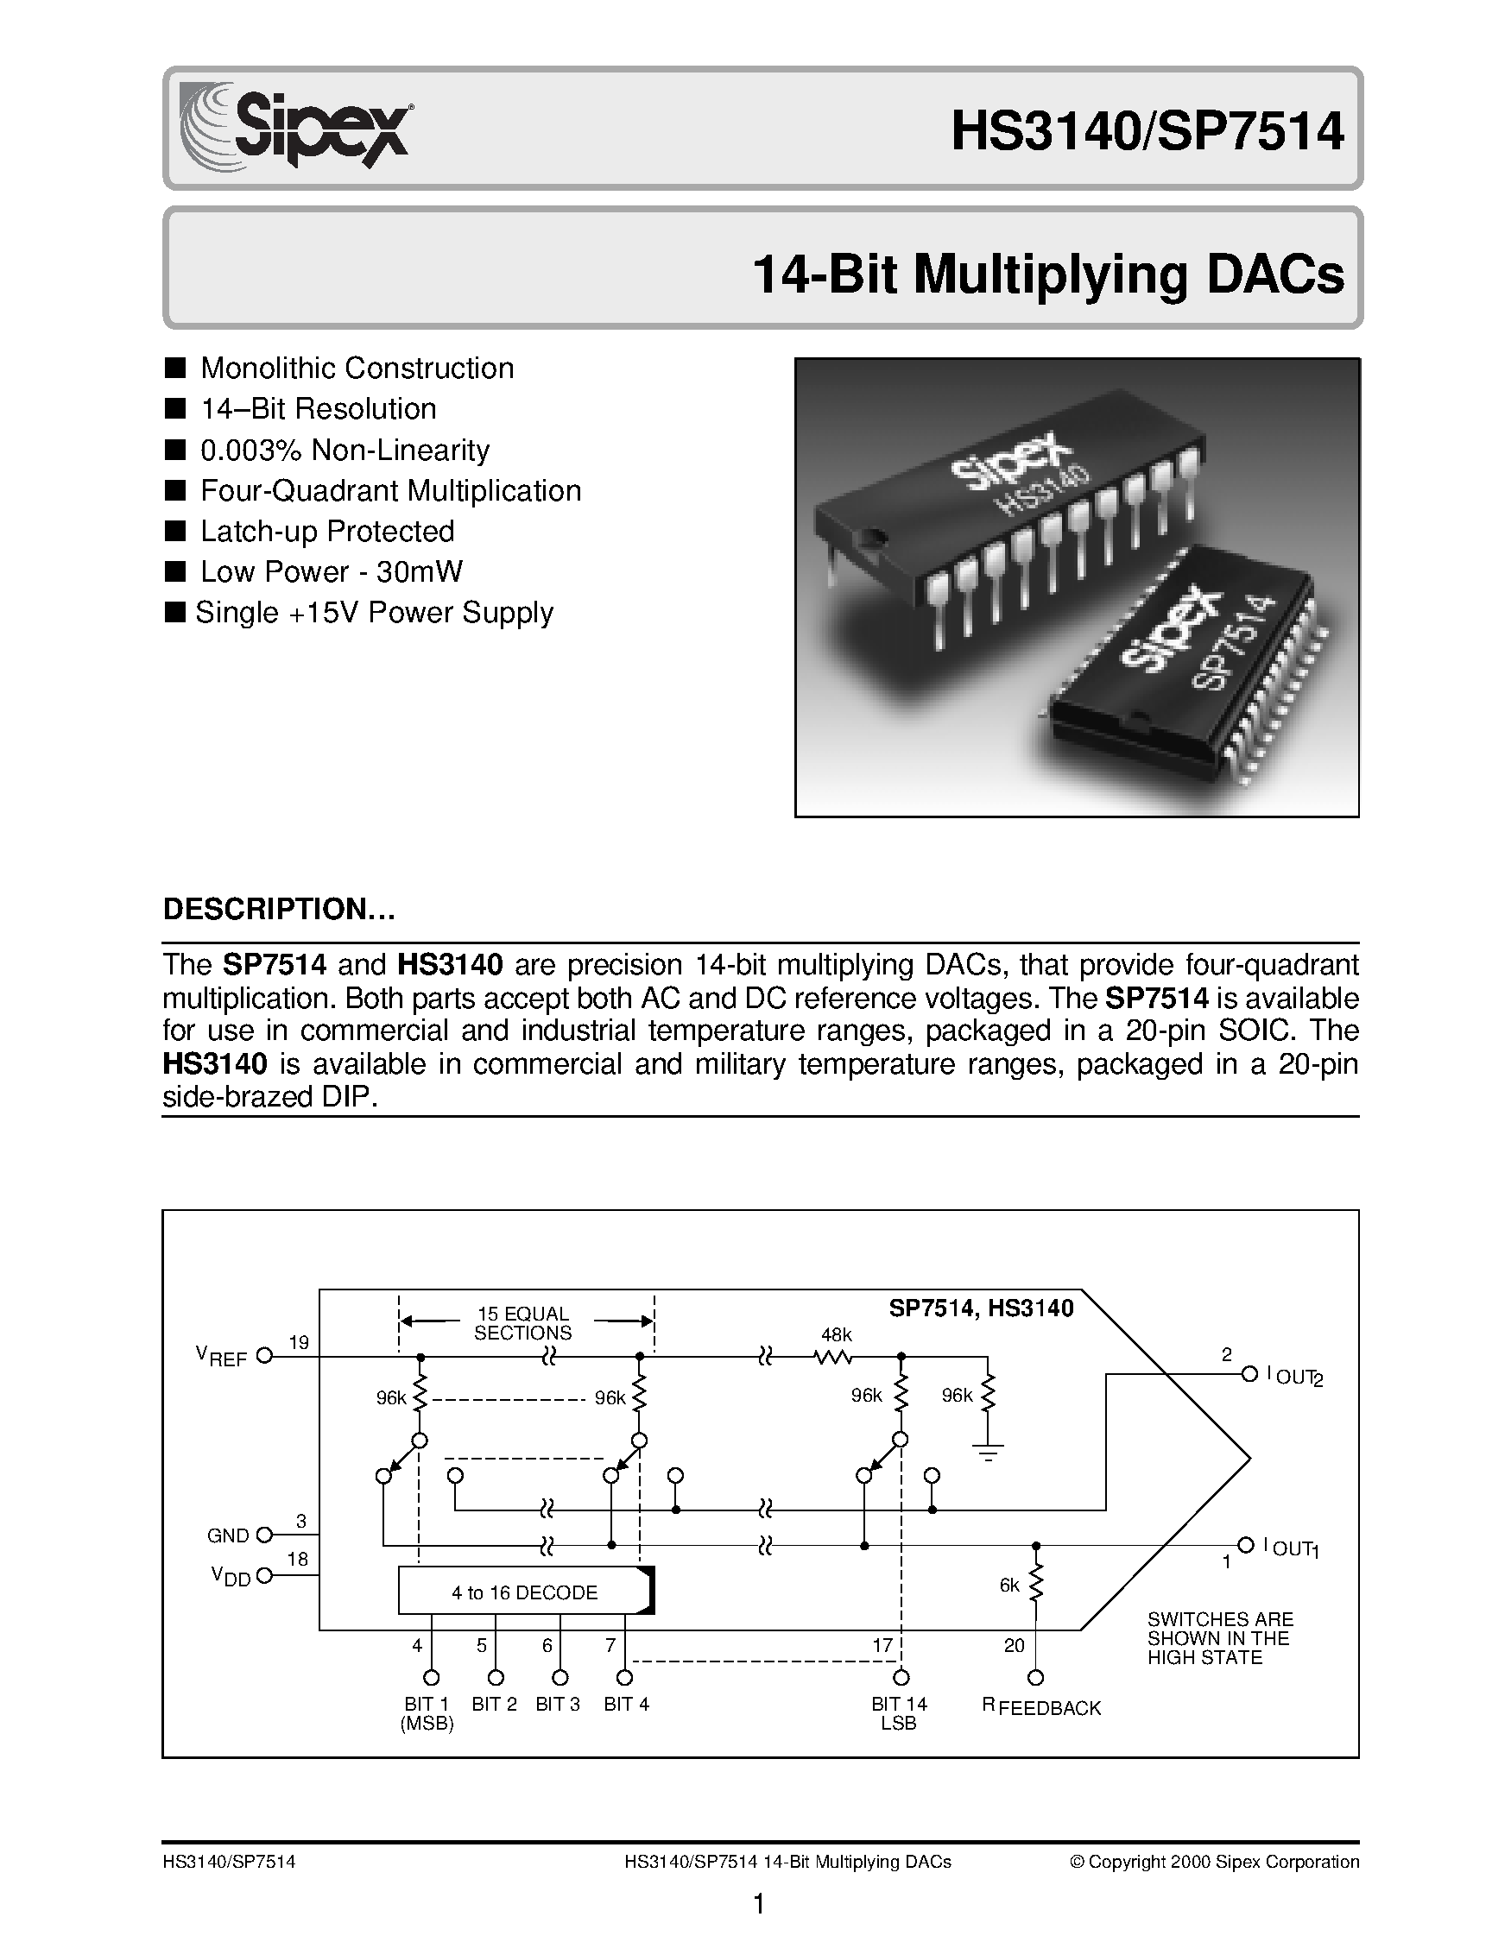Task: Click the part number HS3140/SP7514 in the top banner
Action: [x=1147, y=131]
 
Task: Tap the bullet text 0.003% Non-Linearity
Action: [x=345, y=450]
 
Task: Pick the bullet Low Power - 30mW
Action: [x=331, y=571]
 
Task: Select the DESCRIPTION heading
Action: [x=278, y=910]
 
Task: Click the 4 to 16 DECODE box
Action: [x=525, y=1592]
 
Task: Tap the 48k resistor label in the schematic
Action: [x=835, y=1334]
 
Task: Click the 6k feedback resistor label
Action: [x=1009, y=1586]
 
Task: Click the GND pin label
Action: [x=228, y=1535]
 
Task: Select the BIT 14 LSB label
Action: [x=899, y=1713]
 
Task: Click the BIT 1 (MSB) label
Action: [x=427, y=1713]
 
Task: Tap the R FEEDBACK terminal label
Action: [x=1041, y=1707]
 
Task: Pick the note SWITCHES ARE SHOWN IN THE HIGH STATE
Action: [x=1217, y=1638]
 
